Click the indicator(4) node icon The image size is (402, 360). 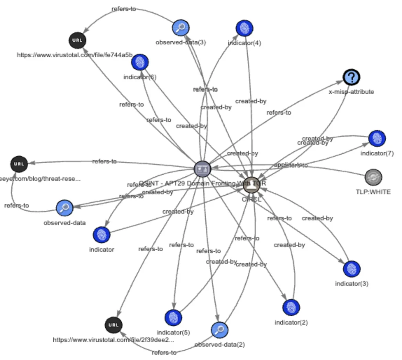click(244, 28)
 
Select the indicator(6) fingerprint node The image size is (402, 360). click(140, 62)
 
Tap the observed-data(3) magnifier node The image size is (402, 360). click(181, 27)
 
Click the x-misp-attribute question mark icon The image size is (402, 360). click(351, 77)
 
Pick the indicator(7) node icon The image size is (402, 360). click(377, 138)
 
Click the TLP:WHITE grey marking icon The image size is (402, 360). click(373, 177)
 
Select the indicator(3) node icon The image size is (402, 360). click(351, 269)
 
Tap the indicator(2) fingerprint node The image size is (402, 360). click(291, 307)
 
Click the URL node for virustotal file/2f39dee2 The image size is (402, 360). click(113, 325)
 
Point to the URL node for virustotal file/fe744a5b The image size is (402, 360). click(77, 40)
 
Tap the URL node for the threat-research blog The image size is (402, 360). click(19, 164)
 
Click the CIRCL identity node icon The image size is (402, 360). click(251, 185)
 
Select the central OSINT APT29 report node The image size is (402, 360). click(203, 169)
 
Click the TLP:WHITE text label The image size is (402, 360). click(373, 192)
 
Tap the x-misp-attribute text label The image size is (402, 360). click(351, 92)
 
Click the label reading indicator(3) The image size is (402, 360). click(351, 283)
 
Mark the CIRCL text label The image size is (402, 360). click(251, 199)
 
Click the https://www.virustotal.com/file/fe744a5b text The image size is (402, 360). click(75, 55)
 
